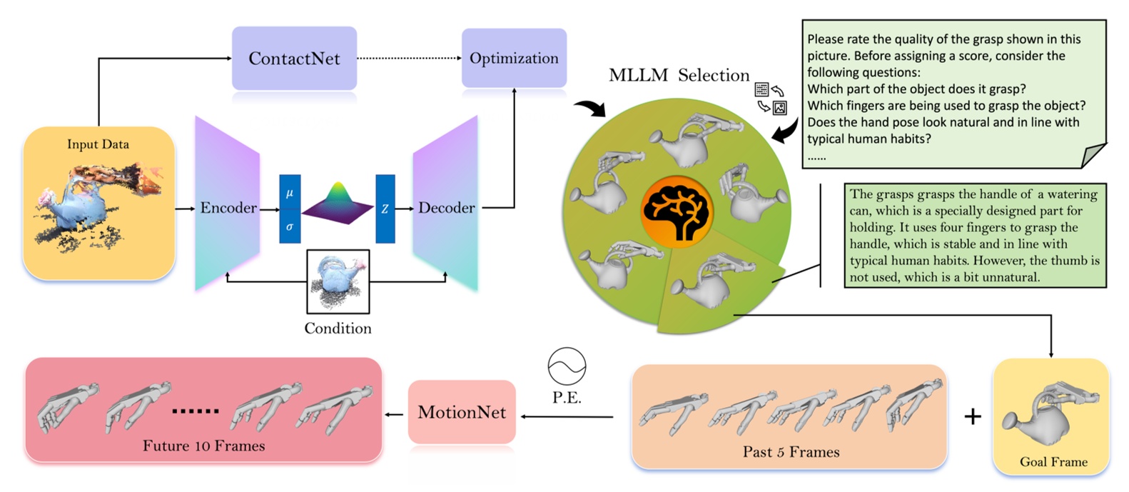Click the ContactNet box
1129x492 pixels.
294,59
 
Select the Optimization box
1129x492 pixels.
514,59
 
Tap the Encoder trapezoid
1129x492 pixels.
228,207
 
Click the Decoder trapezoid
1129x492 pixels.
446,207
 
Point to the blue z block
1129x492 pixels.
385,209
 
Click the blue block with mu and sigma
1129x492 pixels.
290,209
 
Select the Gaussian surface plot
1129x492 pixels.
338,204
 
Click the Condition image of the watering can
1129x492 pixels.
338,281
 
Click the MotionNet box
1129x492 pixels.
462,412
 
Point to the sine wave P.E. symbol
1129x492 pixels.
567,366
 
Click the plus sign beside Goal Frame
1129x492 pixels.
972,416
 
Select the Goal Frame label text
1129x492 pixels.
1053,462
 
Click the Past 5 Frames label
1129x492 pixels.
791,452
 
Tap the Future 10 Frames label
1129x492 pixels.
203,446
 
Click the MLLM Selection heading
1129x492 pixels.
679,76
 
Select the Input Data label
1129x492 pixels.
98,144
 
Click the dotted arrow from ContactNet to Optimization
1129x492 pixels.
408,58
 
